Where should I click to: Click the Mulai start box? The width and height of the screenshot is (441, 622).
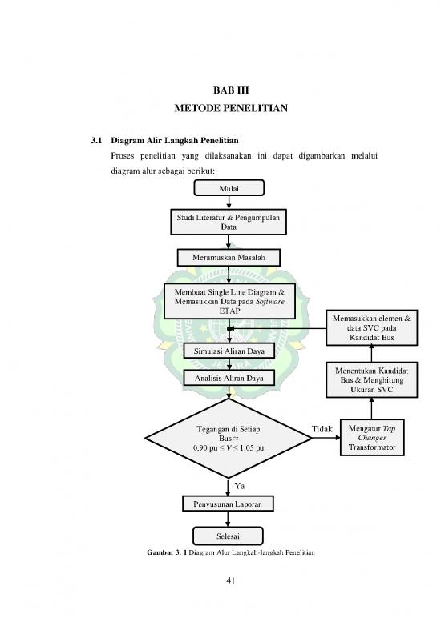coord(229,189)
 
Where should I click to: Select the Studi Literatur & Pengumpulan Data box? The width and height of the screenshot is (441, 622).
coord(229,222)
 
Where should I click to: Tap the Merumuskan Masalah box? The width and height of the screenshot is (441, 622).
coord(229,257)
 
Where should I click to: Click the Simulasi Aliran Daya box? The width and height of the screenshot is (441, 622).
coord(229,351)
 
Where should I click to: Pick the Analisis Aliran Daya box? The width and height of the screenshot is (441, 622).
coord(229,377)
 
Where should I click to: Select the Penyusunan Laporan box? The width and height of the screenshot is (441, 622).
coord(229,504)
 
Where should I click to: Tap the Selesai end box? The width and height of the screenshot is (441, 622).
coord(229,534)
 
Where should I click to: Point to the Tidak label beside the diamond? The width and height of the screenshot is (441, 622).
coord(322,430)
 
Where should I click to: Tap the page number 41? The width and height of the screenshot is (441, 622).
coord(229,591)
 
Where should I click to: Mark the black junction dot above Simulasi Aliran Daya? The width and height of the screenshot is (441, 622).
coord(230,328)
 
